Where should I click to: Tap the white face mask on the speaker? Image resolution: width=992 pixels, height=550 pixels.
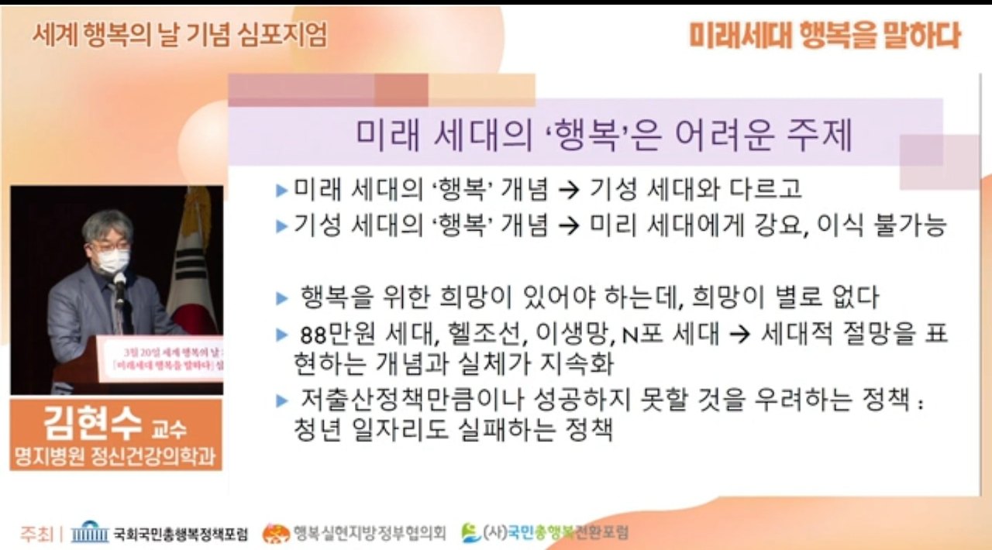click(113, 260)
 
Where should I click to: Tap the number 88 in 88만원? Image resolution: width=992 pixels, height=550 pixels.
click(313, 335)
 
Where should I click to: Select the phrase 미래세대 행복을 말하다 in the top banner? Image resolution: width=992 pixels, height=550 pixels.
click(824, 36)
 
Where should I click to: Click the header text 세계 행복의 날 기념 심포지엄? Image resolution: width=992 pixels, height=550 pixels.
click(179, 35)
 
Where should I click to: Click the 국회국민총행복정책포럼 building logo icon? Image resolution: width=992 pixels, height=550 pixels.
click(90, 532)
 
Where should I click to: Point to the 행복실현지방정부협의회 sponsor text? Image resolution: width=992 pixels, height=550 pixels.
click(369, 532)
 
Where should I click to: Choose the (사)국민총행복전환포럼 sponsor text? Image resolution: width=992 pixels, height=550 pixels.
click(554, 532)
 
